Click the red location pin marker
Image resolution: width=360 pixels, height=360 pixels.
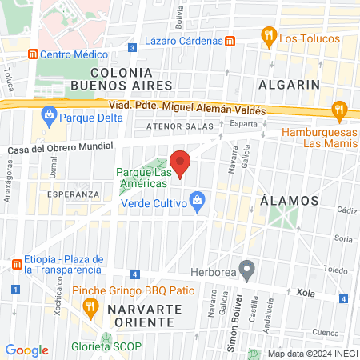click(180, 163)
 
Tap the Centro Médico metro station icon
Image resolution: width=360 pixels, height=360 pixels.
click(33, 54)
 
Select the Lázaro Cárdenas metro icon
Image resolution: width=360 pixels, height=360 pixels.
click(230, 41)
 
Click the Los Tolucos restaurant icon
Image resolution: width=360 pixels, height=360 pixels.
click(267, 36)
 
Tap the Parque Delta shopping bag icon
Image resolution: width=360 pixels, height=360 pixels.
click(50, 114)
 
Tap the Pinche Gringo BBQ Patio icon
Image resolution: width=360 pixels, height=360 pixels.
click(92, 306)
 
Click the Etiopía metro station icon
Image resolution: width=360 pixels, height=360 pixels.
click(16, 264)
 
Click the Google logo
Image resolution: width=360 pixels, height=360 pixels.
click(26, 350)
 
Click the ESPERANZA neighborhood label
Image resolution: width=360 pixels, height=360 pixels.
click(73, 194)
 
